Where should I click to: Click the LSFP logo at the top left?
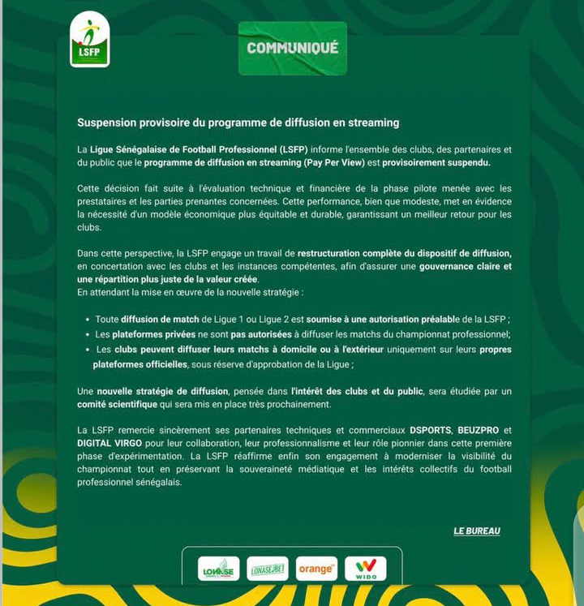click(x=89, y=40)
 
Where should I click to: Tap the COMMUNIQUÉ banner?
click(x=293, y=48)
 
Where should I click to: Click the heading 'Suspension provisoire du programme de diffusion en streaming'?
click(x=238, y=123)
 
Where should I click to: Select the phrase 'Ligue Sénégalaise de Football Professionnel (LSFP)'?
click(x=198, y=150)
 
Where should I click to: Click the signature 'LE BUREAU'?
click(x=476, y=531)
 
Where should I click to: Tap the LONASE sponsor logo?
click(x=218, y=569)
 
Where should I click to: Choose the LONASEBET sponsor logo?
click(x=268, y=569)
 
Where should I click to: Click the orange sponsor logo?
click(x=316, y=569)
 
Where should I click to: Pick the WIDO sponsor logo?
click(x=365, y=569)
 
